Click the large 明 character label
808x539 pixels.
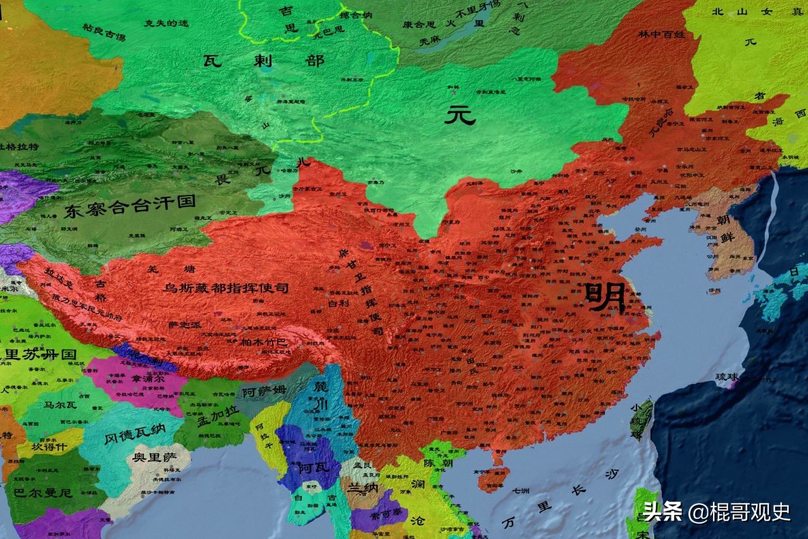tap(605, 297)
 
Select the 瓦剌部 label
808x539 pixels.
tap(264, 61)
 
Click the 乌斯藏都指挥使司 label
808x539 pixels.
tap(226, 288)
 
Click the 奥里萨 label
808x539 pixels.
tap(152, 457)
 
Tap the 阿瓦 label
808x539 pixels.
tap(306, 468)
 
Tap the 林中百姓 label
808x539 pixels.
tap(662, 34)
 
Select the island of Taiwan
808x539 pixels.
tap(642, 418)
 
